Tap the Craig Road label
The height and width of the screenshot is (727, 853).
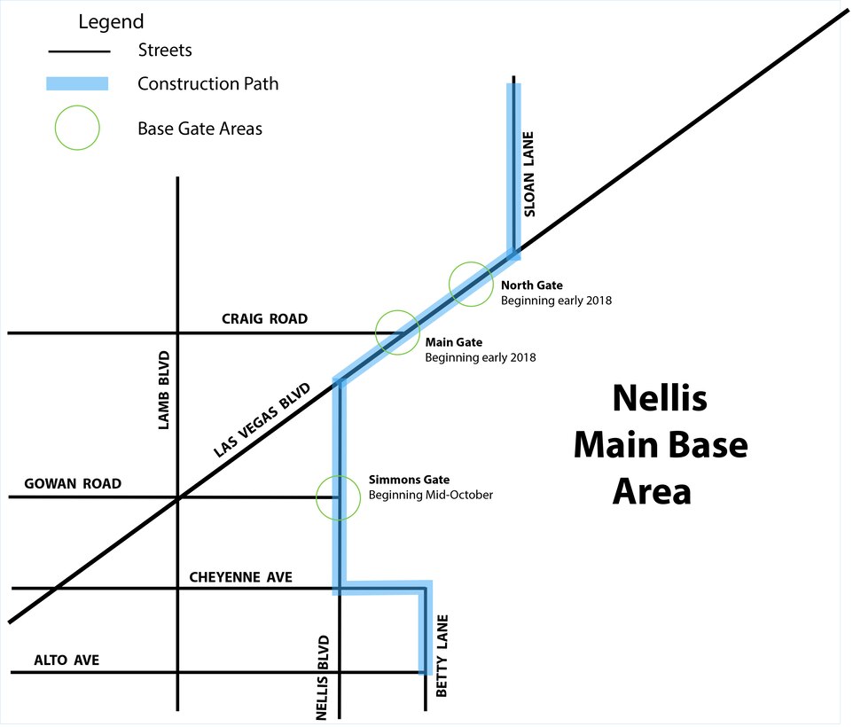(x=264, y=319)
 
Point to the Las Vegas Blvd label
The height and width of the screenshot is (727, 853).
(x=262, y=421)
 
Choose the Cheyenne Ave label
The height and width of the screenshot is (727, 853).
(x=241, y=577)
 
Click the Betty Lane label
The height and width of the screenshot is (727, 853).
(x=442, y=656)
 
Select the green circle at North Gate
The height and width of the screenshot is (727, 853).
(x=470, y=285)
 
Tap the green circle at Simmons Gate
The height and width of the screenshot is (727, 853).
(x=339, y=496)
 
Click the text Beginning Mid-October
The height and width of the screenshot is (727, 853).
(x=431, y=495)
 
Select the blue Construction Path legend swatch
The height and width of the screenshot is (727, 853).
(x=77, y=84)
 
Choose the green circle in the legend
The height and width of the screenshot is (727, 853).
(x=77, y=129)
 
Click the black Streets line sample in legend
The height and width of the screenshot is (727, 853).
(x=77, y=51)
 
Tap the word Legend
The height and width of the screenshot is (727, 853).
(x=111, y=21)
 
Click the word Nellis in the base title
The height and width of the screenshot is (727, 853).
(x=660, y=398)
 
